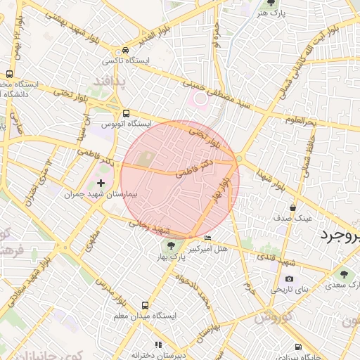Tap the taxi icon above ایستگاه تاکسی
125,51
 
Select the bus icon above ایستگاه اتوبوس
126,112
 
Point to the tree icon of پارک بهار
170,246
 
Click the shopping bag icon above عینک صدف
292,207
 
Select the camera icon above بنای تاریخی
289,278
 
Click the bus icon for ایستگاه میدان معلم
145,305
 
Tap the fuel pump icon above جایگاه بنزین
300,347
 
